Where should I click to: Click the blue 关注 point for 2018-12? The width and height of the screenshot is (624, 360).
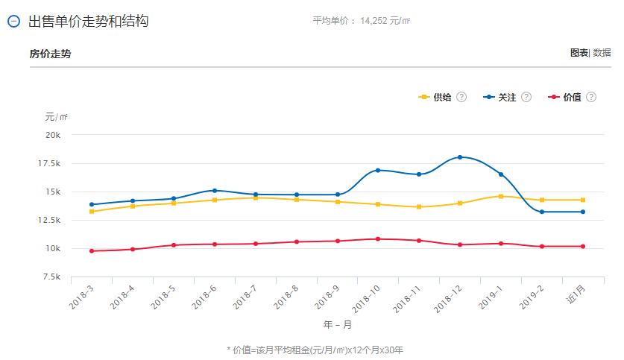coord(460,157)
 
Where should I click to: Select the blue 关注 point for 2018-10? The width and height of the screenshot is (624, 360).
coord(378,171)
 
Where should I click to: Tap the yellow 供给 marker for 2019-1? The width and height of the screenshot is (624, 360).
coord(501,196)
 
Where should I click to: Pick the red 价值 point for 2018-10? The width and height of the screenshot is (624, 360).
coord(378,239)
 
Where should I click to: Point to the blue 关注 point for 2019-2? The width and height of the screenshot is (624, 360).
coord(542,212)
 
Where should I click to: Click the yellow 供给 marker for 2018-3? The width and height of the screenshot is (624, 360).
coord(92,212)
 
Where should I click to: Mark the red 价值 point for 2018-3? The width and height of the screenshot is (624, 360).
coord(92,251)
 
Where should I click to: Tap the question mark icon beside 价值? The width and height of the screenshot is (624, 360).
coord(591,98)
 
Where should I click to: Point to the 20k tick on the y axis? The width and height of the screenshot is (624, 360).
coord(53,135)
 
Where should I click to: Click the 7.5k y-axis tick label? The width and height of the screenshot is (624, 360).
coord(52,277)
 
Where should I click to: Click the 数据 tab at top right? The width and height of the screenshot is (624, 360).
coord(602,53)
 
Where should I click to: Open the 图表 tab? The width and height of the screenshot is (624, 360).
coord(579,53)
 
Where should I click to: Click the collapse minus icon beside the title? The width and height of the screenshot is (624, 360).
coord(13,22)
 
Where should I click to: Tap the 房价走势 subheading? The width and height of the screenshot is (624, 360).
coord(51,54)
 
